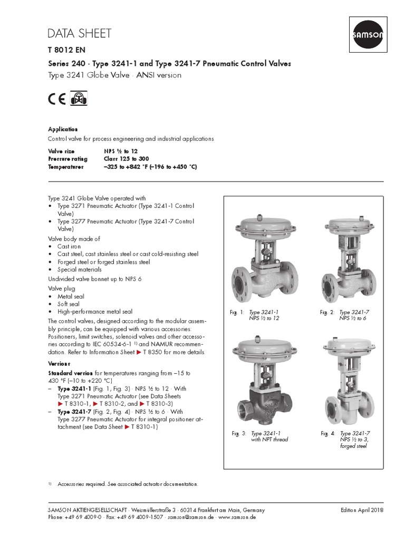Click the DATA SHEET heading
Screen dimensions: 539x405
80,34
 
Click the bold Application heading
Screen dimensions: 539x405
63,129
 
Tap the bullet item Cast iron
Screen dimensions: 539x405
69,246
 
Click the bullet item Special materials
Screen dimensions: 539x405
80,269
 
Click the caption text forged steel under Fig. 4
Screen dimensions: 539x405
353,446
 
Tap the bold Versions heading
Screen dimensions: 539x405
60,364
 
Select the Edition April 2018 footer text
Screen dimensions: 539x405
362,510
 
